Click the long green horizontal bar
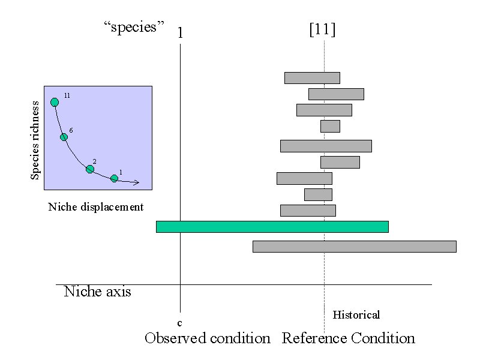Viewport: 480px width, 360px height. pos(272,227)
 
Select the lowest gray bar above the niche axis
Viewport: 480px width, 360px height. pos(354,247)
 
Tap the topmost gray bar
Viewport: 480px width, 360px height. pos(312,78)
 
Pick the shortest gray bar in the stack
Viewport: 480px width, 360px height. pos(330,126)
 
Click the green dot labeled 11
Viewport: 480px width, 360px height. pos(55,102)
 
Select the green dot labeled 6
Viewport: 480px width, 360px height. pos(64,137)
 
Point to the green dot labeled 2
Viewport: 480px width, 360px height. pos(90,169)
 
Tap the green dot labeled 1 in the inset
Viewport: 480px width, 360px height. pos(114,178)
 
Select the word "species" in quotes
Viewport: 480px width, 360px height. pos(134,28)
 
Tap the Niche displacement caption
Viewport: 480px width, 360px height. pos(96,207)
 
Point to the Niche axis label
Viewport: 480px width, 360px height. pos(97,292)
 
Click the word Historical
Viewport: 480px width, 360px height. pos(356,315)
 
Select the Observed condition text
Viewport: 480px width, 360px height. pos(208,338)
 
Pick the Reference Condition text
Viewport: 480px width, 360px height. pos(349,338)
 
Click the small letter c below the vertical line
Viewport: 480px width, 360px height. pos(179,323)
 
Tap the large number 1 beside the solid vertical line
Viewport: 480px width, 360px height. pos(180,32)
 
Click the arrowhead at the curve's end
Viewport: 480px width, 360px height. pos(137,182)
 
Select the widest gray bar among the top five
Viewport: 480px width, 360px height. pos(326,146)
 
